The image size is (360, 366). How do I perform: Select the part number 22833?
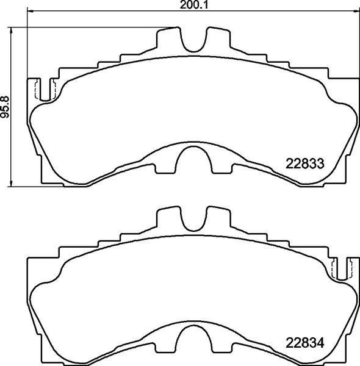pyautogui.click(x=304, y=163)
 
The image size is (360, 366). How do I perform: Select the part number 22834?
pyautogui.click(x=304, y=342)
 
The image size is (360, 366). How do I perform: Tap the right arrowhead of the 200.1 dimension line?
pyautogui.click(x=357, y=12)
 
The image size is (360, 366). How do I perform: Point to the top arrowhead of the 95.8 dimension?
pyautogui.click(x=13, y=30)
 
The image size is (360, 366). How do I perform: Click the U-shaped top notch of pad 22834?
pyautogui.click(x=194, y=220)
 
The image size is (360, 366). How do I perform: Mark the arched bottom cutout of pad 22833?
pyautogui.click(x=194, y=163)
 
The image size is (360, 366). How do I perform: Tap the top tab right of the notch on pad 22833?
pyautogui.click(x=218, y=40)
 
